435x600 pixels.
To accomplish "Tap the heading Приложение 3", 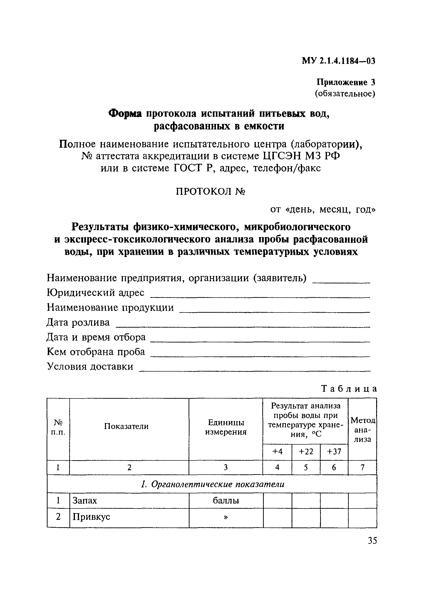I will tap(346, 82).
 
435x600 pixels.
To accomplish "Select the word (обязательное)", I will tap(345, 94).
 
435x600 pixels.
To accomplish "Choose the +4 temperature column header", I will tap(277, 451).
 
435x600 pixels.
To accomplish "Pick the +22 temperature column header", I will tap(306, 451).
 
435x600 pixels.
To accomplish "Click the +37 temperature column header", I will tap(334, 451).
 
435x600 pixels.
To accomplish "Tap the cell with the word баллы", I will tap(226, 501).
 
